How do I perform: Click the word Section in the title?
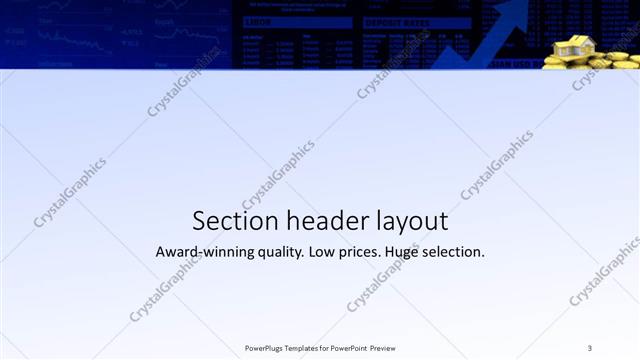coord(224,220)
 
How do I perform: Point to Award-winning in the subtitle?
coord(199,252)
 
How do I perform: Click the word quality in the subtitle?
coord(274,252)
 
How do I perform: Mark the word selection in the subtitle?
coord(456,252)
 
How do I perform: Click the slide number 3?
coord(590,347)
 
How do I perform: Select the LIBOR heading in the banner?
coord(257,22)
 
